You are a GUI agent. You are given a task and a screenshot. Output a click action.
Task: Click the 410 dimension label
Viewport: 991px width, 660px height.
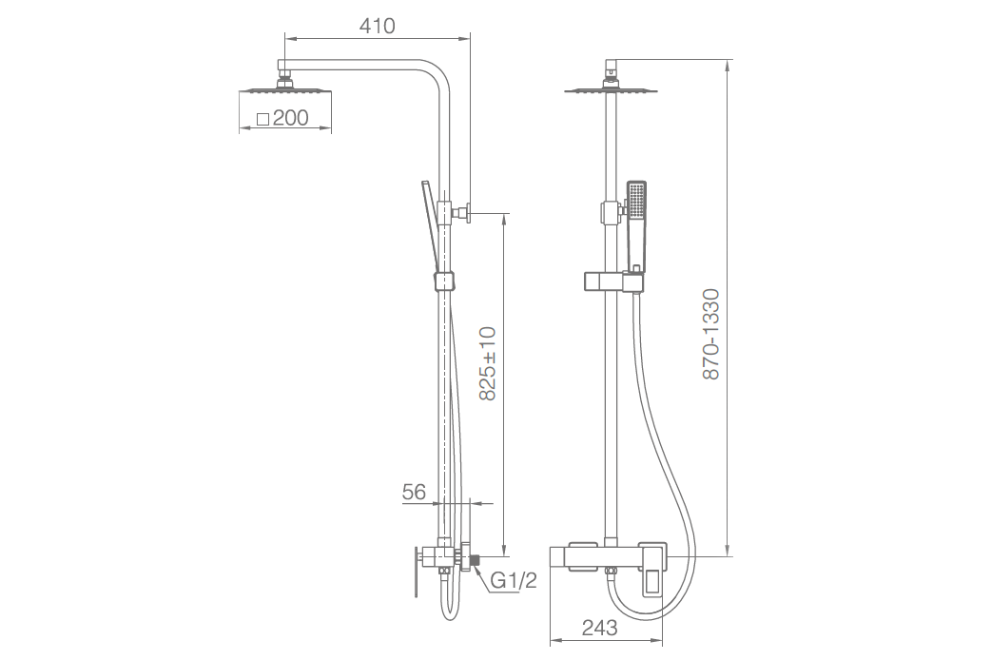tap(378, 26)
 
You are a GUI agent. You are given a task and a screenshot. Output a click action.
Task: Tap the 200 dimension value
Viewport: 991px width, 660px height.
tap(291, 118)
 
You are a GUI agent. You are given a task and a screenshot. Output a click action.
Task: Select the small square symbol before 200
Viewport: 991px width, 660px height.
tap(262, 119)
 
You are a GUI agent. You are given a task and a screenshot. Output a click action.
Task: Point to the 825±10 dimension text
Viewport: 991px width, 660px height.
tap(487, 363)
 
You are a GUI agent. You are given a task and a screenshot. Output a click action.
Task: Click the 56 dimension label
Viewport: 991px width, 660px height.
tap(414, 492)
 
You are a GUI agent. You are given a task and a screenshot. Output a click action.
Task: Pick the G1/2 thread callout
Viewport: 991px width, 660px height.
tap(514, 580)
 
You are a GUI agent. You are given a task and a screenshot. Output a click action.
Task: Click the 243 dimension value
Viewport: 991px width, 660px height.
tap(599, 628)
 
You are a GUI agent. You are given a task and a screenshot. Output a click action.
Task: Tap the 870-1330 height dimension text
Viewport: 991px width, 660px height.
tap(711, 334)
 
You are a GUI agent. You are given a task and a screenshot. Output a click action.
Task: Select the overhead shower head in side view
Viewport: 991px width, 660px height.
tap(285, 89)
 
